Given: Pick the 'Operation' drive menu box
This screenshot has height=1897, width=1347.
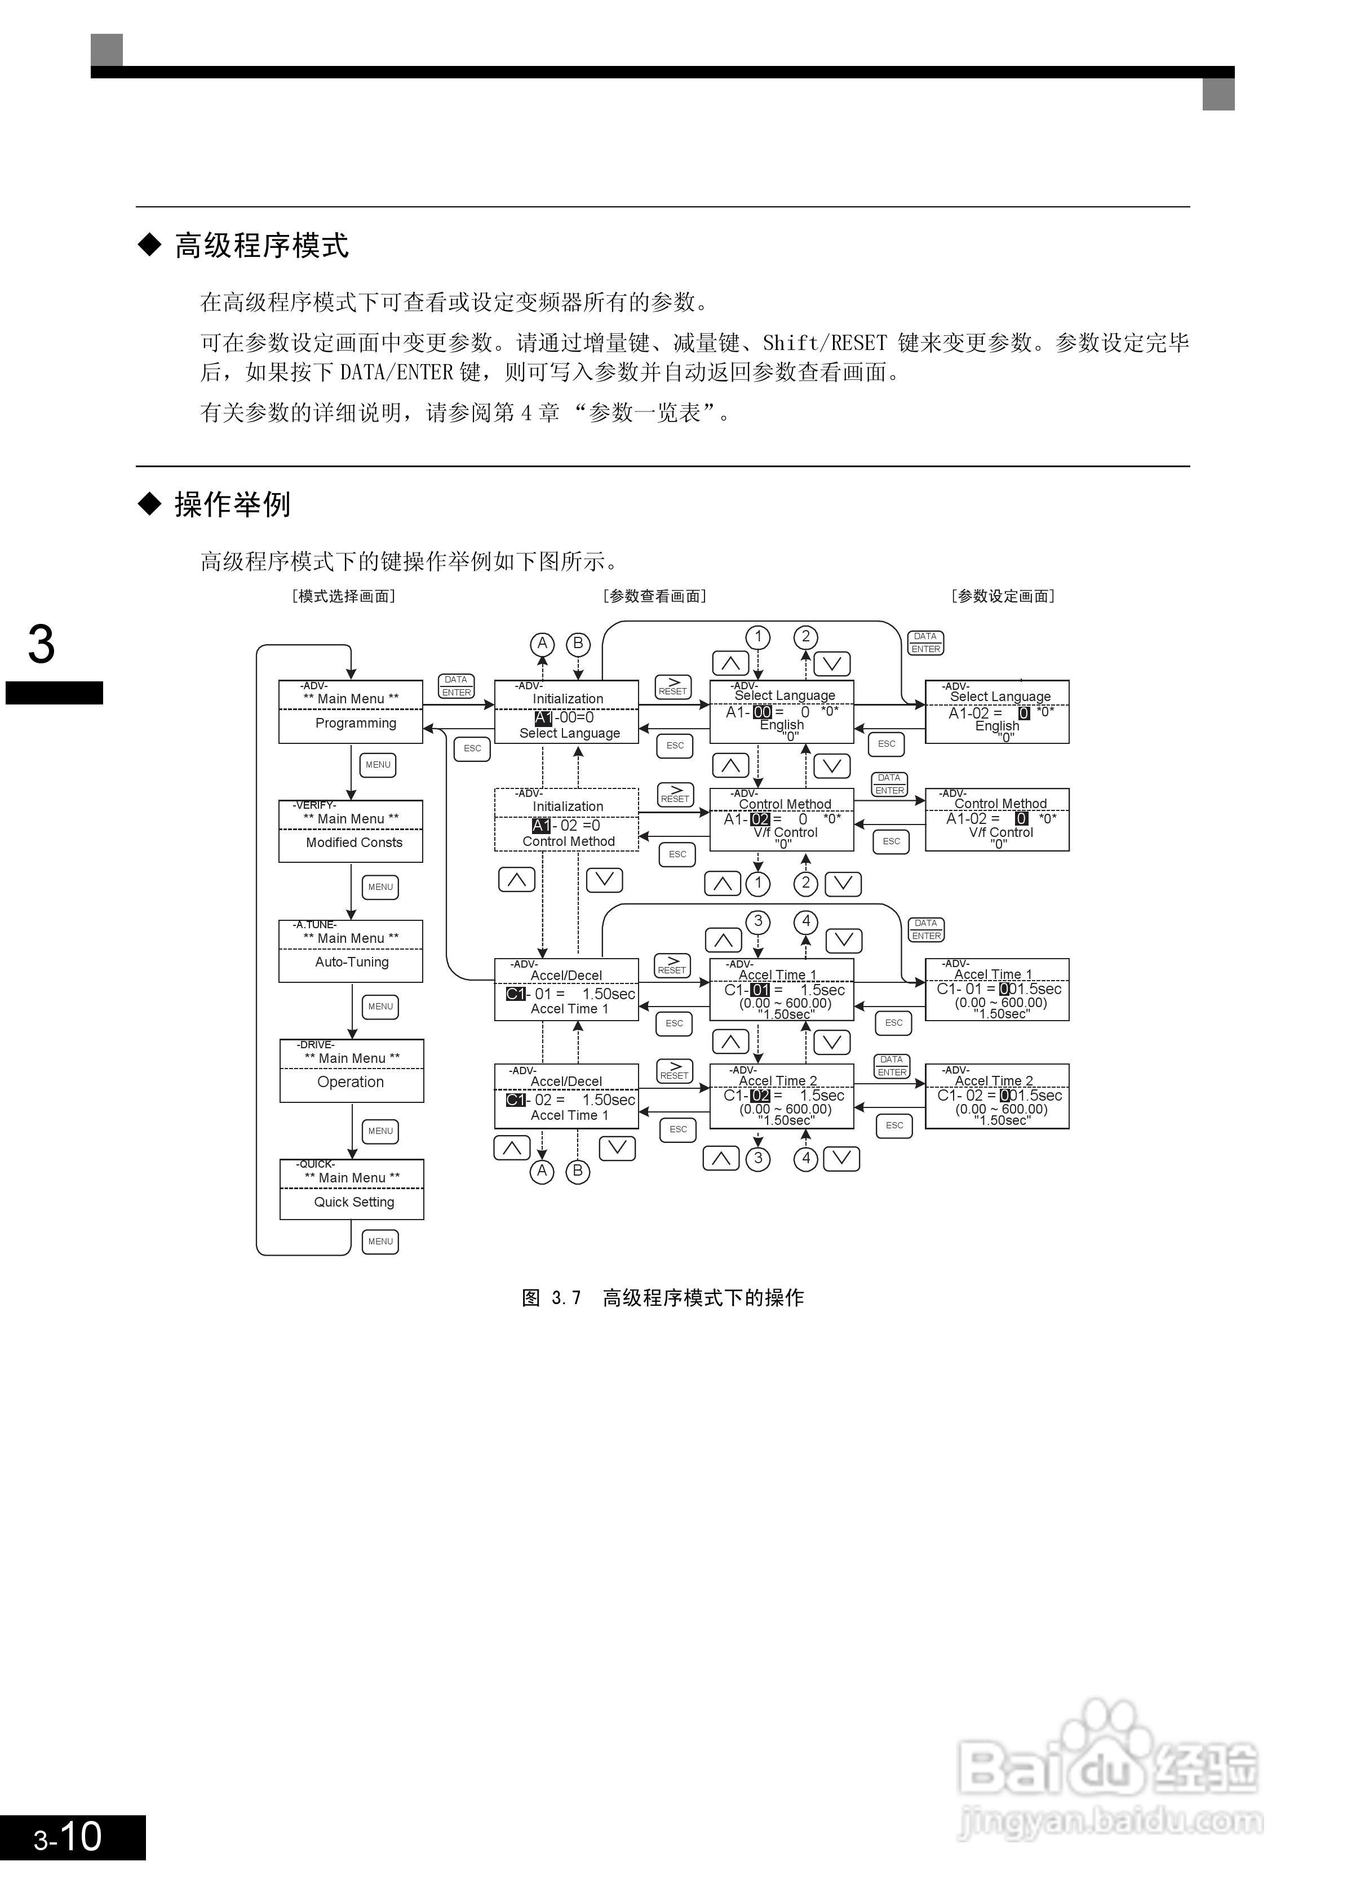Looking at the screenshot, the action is click(351, 1071).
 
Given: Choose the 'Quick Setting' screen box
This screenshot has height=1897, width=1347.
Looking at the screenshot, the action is click(351, 1190).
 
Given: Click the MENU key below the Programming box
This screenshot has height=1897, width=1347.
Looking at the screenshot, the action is click(378, 765).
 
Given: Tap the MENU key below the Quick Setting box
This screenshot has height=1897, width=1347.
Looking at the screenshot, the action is click(380, 1242).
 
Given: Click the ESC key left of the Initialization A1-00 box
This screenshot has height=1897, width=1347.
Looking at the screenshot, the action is click(472, 748).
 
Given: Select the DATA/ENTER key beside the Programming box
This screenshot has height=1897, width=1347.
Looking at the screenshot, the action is click(456, 686).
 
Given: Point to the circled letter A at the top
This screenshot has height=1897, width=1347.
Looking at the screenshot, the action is click(542, 644).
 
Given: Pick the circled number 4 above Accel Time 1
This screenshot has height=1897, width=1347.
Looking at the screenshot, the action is click(805, 921).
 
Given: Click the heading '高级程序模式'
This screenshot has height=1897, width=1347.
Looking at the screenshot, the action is click(262, 246).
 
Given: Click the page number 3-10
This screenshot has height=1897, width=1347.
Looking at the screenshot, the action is click(68, 1838).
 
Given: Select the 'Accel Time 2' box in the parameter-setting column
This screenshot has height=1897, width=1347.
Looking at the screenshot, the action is click(997, 1097).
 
